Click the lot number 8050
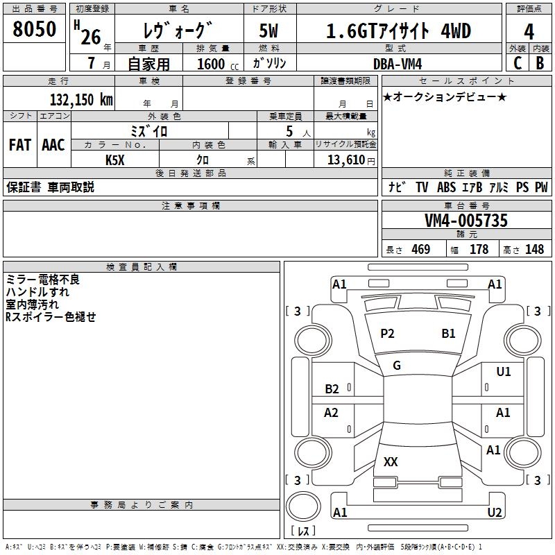35,30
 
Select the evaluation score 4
529,31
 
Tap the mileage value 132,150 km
81,100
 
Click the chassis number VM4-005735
466,221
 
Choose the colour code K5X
115,160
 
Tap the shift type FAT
19,145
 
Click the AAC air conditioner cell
53,145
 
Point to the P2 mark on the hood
387,334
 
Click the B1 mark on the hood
448,334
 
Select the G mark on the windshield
397,366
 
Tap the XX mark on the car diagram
391,462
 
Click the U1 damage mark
503,372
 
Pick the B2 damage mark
332,389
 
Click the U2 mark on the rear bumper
494,513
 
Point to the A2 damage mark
331,413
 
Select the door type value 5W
269,31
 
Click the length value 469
420,250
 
